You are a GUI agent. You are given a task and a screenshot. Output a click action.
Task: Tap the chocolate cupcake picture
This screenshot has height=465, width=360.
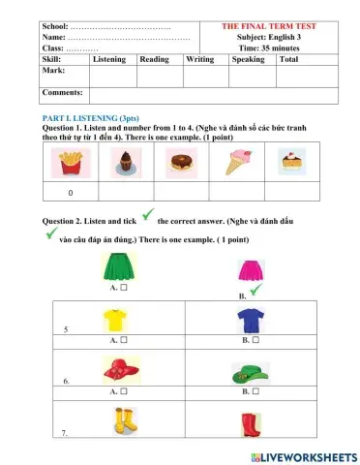[126, 165]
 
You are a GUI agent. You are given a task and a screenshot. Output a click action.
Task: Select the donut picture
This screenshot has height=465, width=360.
[181, 165]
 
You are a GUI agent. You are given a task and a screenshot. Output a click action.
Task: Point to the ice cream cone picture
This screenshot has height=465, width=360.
[237, 164]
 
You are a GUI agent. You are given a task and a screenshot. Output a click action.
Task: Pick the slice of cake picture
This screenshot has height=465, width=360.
[291, 164]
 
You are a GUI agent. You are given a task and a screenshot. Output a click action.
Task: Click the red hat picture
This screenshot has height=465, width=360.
[119, 370]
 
